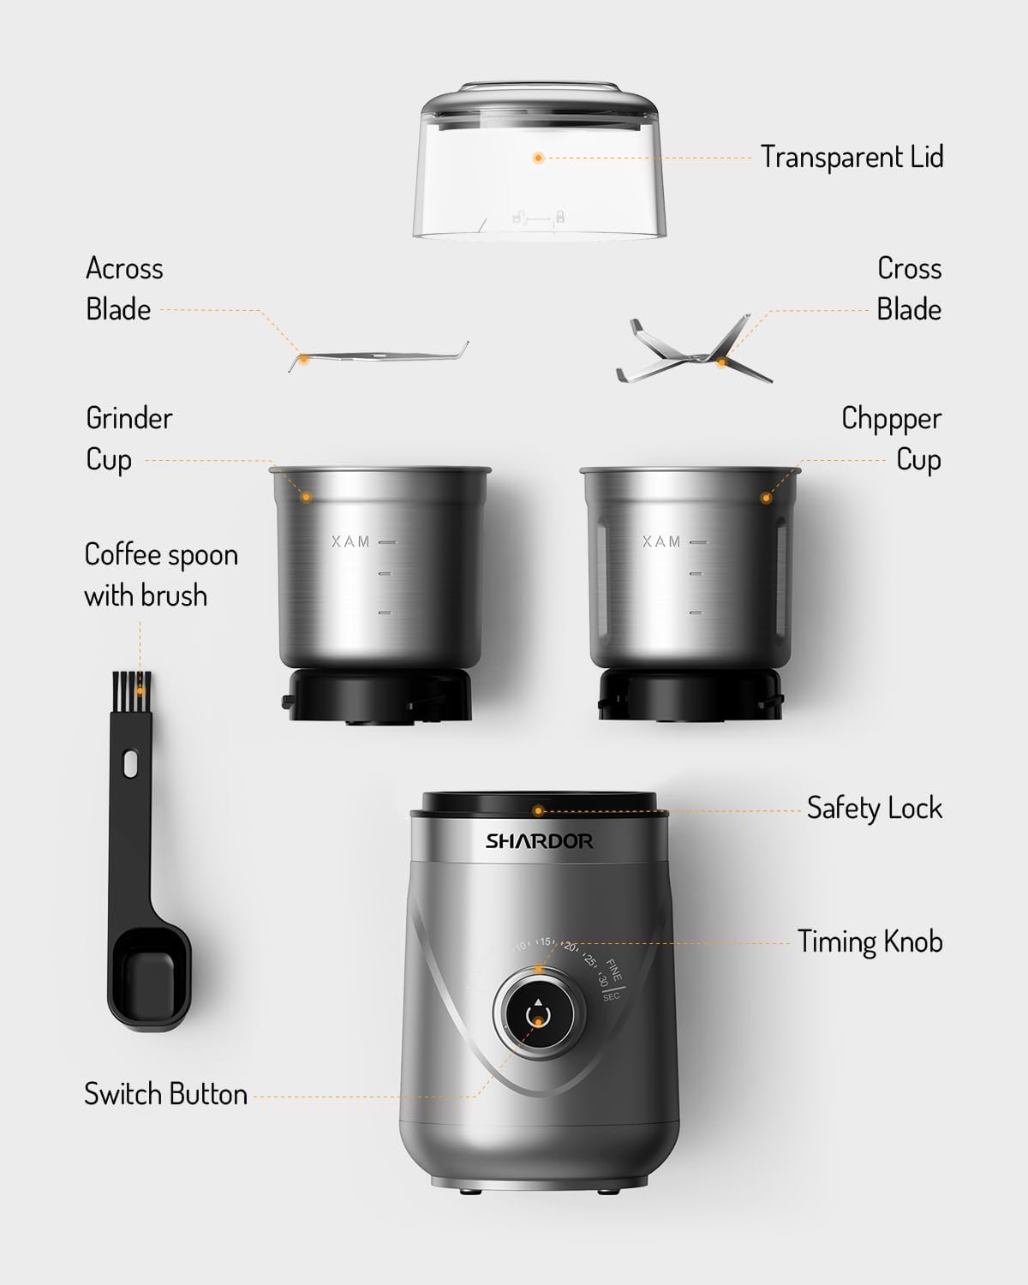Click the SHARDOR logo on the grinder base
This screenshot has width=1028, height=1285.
[539, 841]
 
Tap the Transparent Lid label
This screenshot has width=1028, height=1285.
[852, 158]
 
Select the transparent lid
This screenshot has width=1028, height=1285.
[538, 180]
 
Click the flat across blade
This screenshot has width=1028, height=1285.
[377, 356]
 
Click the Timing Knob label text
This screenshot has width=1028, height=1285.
[870, 941]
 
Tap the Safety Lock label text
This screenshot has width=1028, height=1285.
[874, 808]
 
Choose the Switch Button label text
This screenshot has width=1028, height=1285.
[165, 1094]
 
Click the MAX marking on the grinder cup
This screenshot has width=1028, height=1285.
[350, 542]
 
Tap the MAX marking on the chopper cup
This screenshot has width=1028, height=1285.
[661, 542]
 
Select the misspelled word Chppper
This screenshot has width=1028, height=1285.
[891, 419]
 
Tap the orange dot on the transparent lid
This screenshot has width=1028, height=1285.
[538, 158]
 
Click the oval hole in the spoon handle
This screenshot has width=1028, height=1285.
[130, 763]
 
